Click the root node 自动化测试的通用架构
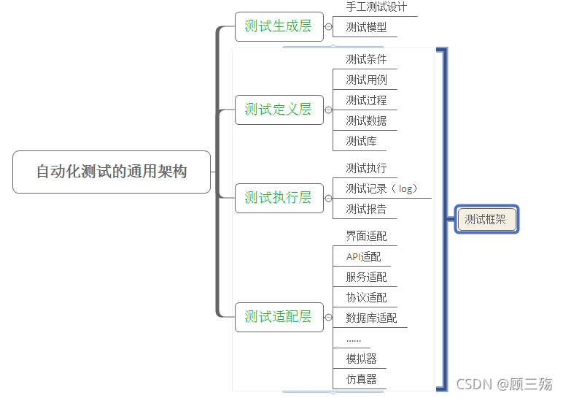112,172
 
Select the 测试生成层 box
279,26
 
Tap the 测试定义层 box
279,110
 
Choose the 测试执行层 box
279,197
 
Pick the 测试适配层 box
279,317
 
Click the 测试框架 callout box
486,218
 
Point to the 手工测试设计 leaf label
376,7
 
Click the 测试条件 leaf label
366,60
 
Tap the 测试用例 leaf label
366,80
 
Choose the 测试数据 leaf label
366,121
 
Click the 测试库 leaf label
361,142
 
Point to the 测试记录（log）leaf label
381,188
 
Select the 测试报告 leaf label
366,210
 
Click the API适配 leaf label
363,257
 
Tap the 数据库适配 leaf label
371,318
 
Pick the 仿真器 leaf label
361,380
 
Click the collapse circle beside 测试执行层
328,198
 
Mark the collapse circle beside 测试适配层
328,318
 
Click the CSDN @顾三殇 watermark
504,383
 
